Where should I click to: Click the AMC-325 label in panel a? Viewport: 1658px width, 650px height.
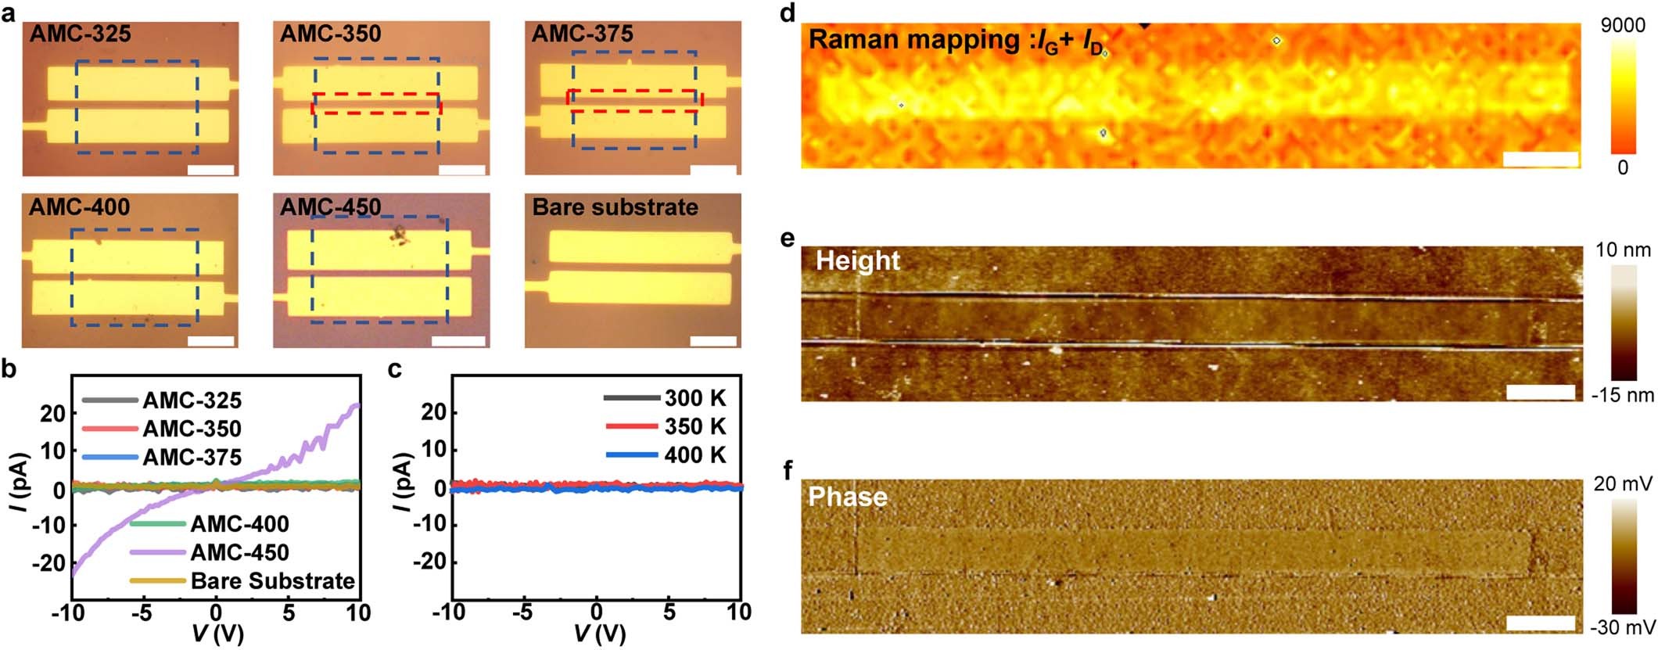point(80,34)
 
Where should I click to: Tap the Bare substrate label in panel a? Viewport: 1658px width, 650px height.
point(615,207)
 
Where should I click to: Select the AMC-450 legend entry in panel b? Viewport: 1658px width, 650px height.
point(239,552)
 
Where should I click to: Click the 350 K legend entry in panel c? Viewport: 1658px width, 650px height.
point(694,426)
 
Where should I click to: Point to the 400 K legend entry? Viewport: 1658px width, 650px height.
point(694,454)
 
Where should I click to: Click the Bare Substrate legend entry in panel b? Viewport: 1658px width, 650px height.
point(272,581)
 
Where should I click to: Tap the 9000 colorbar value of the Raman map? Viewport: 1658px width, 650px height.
point(1622,26)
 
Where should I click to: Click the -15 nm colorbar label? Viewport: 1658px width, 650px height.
point(1623,395)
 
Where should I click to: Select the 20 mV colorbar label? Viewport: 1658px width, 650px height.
point(1623,484)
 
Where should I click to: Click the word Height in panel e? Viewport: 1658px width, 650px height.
point(858,260)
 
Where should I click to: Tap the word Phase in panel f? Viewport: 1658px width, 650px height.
point(848,497)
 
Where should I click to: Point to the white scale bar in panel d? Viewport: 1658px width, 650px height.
point(1540,160)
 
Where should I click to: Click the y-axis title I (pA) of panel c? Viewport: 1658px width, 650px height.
point(404,481)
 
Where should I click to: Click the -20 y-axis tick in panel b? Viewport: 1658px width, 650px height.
point(52,562)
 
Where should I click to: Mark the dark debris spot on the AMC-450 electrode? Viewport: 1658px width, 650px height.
point(400,234)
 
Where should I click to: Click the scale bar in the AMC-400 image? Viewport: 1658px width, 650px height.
point(211,340)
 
